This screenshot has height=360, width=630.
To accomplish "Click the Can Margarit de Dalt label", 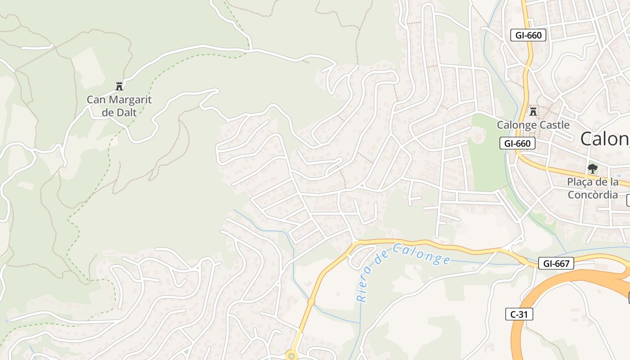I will (119, 106).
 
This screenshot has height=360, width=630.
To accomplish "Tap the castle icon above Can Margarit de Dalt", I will (119, 86).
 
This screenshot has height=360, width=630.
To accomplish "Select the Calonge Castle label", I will (533, 125).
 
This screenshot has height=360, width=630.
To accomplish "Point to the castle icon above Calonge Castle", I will (533, 111).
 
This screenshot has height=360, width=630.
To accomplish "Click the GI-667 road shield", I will (556, 264).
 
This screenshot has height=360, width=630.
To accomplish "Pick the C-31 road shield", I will (519, 314).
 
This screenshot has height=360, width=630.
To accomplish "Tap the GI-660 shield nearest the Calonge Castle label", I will (517, 144).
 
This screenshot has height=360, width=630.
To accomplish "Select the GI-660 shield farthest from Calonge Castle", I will (528, 35).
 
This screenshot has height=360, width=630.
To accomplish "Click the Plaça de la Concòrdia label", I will (593, 189).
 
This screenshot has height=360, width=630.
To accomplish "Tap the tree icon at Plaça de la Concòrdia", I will (593, 169).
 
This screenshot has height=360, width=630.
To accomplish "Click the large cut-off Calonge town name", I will (605, 139).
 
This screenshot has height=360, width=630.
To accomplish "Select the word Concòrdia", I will (593, 195).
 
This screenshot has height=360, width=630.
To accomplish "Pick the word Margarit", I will (130, 100).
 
